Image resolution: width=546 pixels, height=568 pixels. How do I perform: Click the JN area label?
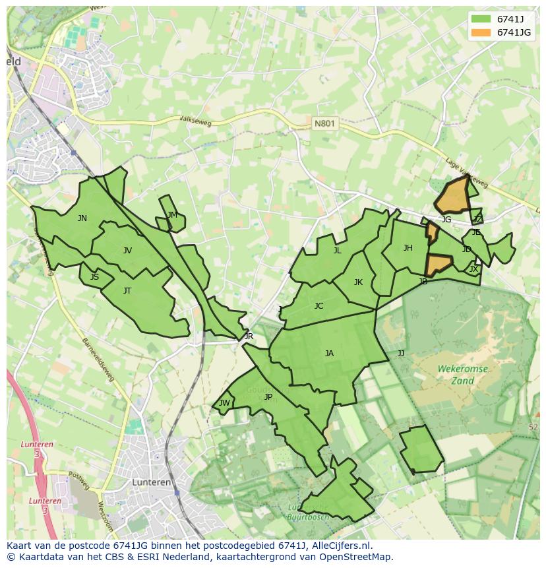click(x=82, y=218)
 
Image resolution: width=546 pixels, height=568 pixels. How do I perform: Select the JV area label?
click(x=127, y=250)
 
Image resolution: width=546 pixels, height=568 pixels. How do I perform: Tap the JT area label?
click(x=127, y=290)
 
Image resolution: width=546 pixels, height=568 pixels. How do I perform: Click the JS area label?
click(x=94, y=277)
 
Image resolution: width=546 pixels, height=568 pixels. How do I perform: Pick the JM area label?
click(x=172, y=215)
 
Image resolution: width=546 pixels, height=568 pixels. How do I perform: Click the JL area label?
click(x=337, y=250)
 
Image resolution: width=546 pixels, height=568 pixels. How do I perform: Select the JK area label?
click(x=358, y=282)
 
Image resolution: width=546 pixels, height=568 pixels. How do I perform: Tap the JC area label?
click(x=318, y=305)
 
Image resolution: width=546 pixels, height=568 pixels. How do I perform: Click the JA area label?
click(x=329, y=354)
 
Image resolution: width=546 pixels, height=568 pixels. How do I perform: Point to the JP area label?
click(x=268, y=396)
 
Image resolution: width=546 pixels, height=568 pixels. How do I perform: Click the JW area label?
click(x=224, y=403)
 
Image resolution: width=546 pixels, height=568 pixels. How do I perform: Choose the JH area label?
click(x=408, y=248)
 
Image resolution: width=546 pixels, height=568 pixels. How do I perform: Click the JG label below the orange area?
click(x=446, y=220)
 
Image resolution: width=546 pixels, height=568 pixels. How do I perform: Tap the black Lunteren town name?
click(x=152, y=482)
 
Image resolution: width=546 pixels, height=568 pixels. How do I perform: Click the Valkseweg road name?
click(x=194, y=120)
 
